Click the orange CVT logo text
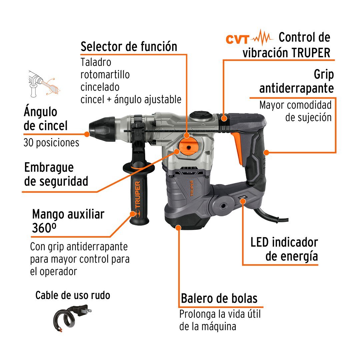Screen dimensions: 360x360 (237, 39)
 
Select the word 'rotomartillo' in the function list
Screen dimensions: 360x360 (105, 75)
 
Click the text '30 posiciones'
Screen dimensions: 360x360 (51, 142)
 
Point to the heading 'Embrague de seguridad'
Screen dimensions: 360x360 (56, 174)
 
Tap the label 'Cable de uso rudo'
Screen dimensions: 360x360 (73, 295)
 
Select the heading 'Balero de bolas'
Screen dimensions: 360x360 (219, 298)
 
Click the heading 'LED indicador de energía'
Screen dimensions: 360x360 (284, 249)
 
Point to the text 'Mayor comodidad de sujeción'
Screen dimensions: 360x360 (295, 111)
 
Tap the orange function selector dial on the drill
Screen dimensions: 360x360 (189, 147)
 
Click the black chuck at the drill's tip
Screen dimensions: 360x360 (102, 129)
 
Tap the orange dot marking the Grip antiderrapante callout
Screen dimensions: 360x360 (266, 152)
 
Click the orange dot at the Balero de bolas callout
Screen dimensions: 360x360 (178, 228)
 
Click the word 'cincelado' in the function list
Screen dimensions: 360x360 (100, 87)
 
